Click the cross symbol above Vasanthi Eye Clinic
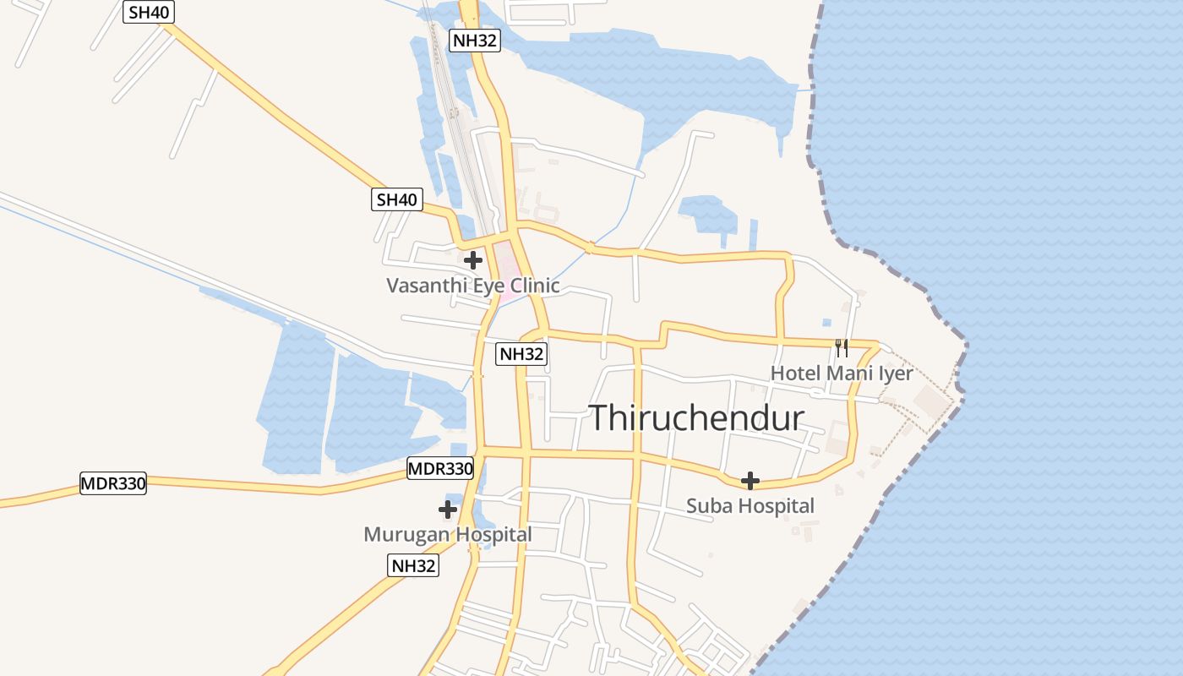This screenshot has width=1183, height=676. point(473,260)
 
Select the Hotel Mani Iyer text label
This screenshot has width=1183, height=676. point(841,373)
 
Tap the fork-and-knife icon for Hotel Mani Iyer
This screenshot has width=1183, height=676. point(841,347)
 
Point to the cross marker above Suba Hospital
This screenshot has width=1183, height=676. point(750,481)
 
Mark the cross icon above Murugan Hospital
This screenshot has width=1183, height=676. point(448,510)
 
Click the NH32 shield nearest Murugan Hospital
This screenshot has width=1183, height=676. point(414,566)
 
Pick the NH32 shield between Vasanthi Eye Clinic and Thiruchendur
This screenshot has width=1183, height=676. point(522,354)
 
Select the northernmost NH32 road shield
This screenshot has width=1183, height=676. point(475,40)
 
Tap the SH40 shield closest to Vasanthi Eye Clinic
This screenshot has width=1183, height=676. point(397,200)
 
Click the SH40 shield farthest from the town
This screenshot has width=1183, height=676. point(149,13)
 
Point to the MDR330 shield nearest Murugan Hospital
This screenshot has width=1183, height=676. point(440,468)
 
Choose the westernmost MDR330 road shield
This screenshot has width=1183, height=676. point(113,484)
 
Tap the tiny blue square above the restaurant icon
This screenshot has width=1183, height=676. point(826,322)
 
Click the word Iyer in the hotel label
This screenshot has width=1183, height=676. point(896,373)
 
